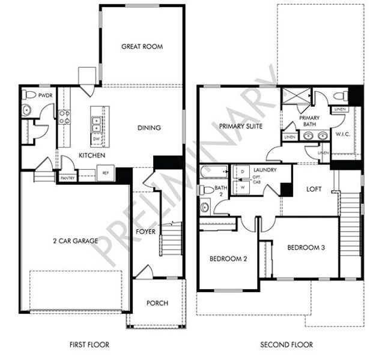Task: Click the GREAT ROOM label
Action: pyautogui.click(x=142, y=47)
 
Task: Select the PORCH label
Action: pyautogui.click(x=157, y=303)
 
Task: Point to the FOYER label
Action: pyautogui.click(x=146, y=231)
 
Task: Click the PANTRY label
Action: pyautogui.click(x=67, y=178)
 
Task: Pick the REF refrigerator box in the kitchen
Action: pyautogui.click(x=105, y=173)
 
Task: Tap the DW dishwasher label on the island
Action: pyautogui.click(x=96, y=139)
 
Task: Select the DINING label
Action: pyautogui.click(x=149, y=128)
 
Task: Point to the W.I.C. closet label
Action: pyautogui.click(x=344, y=134)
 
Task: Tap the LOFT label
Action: pyautogui.click(x=314, y=189)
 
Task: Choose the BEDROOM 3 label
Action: pyautogui.click(x=306, y=247)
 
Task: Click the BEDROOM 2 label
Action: pyautogui.click(x=228, y=259)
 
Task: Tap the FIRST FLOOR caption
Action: pyautogui.click(x=90, y=345)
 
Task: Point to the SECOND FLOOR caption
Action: pyautogui.click(x=286, y=345)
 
